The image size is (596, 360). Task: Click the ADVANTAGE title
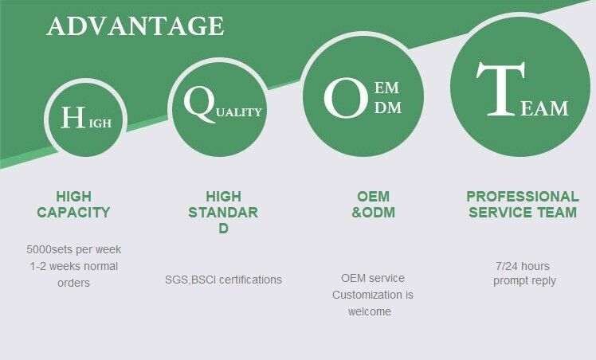[x=135, y=25]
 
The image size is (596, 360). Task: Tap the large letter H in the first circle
[x=73, y=117]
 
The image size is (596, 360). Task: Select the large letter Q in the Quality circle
[x=199, y=104]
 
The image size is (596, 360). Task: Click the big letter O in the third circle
[x=346, y=98]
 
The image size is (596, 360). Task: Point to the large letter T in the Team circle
[x=500, y=88]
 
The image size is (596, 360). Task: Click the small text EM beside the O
[x=386, y=88]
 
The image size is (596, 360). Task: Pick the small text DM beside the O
[x=388, y=108]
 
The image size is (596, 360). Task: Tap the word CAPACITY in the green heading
[x=73, y=213]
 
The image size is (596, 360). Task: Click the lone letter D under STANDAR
[x=223, y=229]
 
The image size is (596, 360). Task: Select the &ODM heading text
[x=373, y=213]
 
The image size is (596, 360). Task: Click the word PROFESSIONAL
[x=523, y=197]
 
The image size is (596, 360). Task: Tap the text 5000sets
[x=49, y=249]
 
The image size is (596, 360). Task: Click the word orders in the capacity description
[x=74, y=283]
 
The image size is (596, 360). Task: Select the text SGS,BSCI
[x=190, y=280]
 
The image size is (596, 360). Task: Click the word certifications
[x=250, y=280]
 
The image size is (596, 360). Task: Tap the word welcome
[x=370, y=311]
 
